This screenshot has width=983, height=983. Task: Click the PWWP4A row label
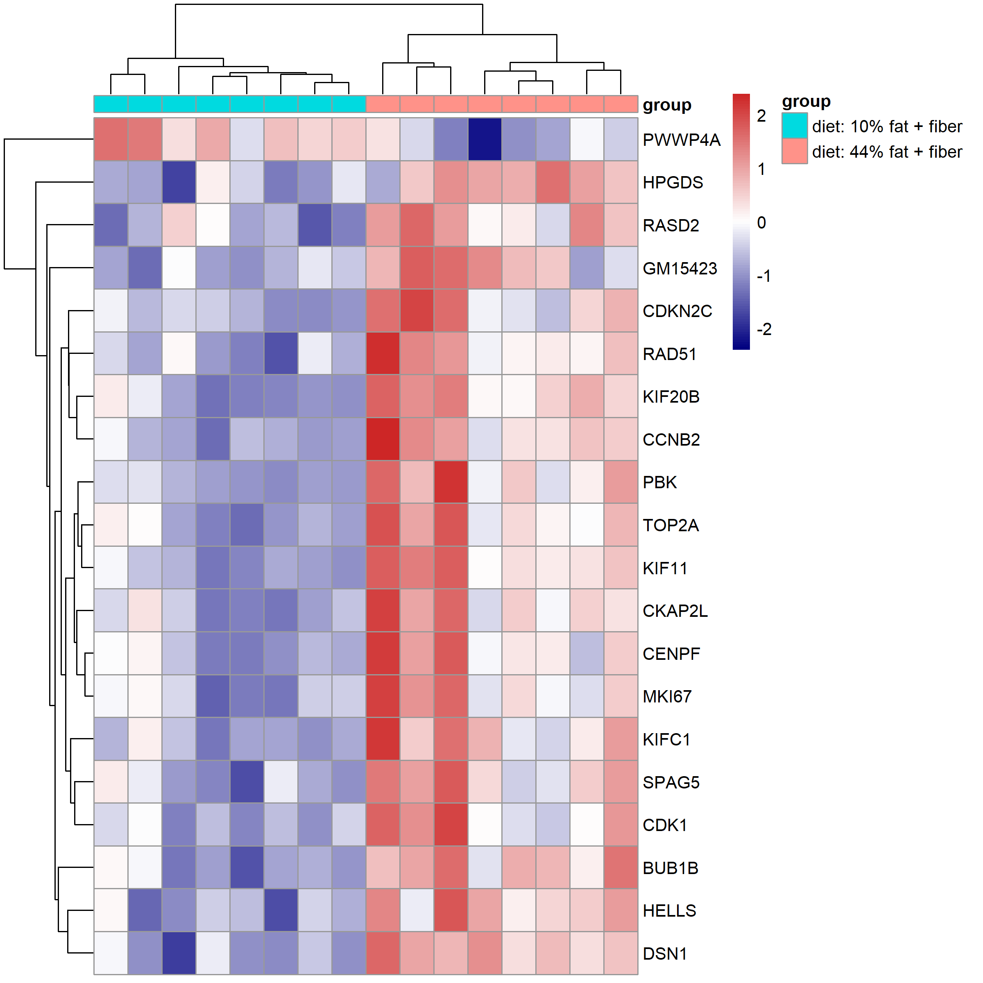681,140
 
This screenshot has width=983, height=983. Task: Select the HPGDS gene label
673,183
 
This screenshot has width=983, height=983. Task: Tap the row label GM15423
680,268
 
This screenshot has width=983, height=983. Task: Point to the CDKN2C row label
677,311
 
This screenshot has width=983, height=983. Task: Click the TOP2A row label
670,525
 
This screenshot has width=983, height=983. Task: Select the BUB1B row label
670,867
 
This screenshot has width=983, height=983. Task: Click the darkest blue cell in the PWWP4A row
485,139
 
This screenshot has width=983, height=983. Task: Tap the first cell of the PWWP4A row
111,139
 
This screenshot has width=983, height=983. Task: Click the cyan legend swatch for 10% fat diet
794,126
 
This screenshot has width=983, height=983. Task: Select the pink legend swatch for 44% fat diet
794,151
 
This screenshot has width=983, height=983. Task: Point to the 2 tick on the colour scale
761,116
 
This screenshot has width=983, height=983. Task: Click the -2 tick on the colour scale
764,329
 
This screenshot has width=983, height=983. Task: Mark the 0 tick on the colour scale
761,222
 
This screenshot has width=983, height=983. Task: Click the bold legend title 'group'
806,101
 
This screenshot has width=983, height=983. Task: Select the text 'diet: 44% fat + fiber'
887,152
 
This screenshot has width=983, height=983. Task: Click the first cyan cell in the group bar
111,104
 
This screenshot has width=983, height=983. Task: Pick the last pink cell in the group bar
621,104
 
